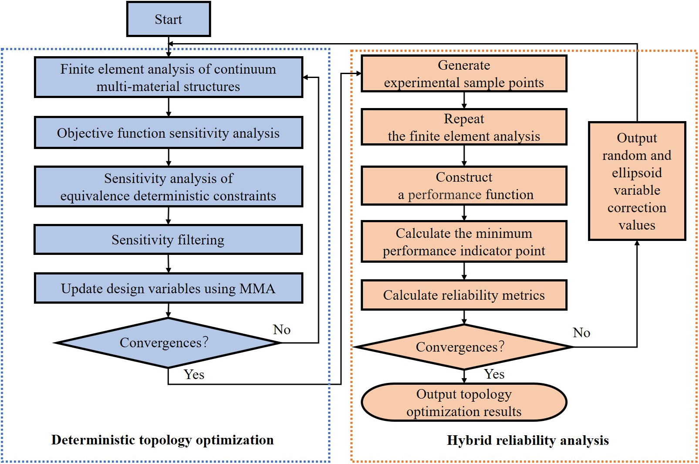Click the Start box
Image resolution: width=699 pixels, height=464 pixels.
coord(169,19)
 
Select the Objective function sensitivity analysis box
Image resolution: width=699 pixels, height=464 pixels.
coord(169,133)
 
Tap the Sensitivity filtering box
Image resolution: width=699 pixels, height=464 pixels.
coord(169,240)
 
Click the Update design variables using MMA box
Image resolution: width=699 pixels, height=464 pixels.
coord(169,288)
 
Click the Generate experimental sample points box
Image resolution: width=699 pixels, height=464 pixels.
coord(464,74)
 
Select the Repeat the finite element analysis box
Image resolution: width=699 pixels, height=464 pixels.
coord(464,127)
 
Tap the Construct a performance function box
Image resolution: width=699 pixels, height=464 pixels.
coord(464,186)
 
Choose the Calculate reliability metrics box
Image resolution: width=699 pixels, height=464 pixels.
coord(464,295)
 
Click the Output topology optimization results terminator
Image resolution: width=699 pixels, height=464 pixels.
coord(464,403)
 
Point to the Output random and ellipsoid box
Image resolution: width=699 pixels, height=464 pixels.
coord(637,181)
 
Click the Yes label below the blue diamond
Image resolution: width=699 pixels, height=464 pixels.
coord(194,375)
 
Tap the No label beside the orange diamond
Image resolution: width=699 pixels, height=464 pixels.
coord(581,333)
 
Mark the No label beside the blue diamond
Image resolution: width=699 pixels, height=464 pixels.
coord(282,330)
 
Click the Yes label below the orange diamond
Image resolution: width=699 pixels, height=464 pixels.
coord(494,374)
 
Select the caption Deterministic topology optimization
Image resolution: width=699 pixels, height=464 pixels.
coord(162,440)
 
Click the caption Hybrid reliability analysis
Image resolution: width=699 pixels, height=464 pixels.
coord(528,440)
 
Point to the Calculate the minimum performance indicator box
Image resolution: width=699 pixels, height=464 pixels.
coord(464,242)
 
